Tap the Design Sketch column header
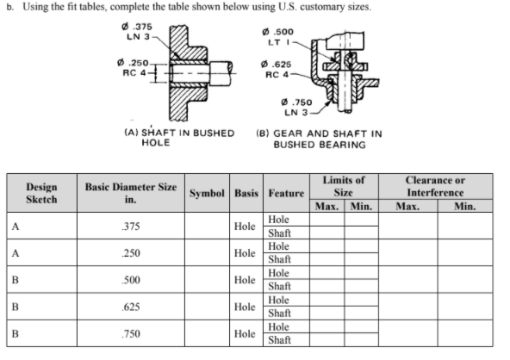click(x=41, y=192)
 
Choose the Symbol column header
click(x=206, y=193)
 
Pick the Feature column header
click(x=285, y=193)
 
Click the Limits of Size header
click(x=343, y=186)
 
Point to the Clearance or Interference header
click(x=436, y=186)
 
